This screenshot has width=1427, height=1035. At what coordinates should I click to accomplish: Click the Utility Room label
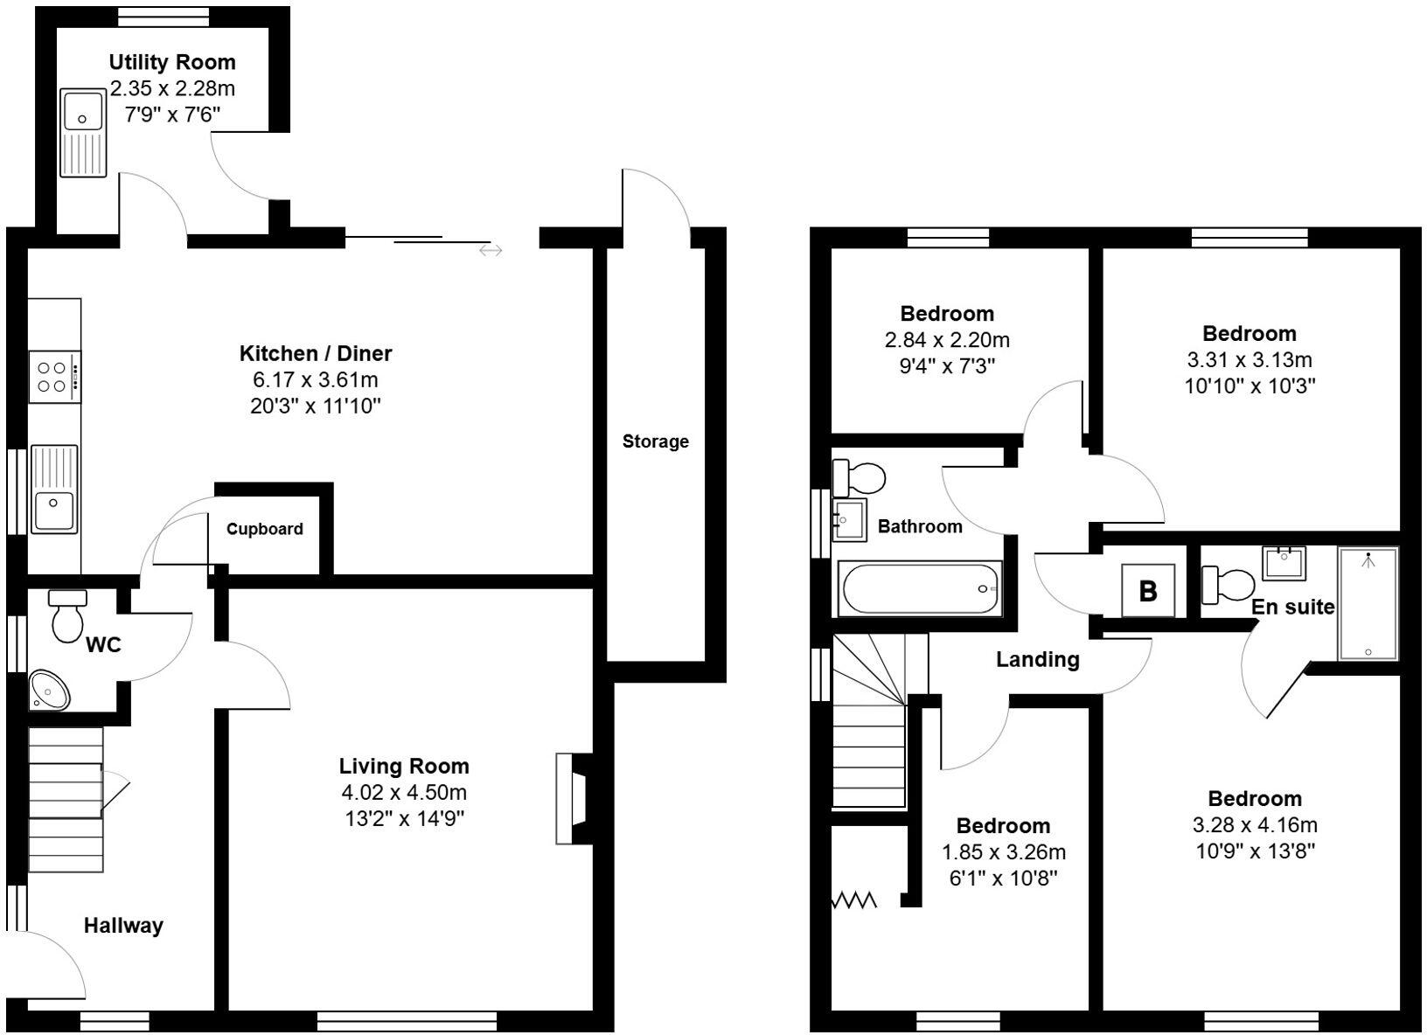172,62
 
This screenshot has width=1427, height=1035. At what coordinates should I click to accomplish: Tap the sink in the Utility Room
85,133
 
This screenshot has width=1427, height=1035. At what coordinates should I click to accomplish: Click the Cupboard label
265,529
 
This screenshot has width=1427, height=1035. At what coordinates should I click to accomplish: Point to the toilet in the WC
68,615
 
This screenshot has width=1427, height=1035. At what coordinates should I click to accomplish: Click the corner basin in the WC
49,691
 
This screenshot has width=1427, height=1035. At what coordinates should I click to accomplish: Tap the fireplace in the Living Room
573,798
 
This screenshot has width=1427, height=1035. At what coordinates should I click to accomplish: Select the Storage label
656,441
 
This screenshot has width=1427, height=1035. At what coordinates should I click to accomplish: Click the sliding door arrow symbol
491,251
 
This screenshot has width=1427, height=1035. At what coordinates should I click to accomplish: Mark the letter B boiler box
1148,591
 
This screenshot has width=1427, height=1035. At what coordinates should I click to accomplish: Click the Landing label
1038,659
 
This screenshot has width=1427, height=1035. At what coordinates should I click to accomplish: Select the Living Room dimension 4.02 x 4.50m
404,792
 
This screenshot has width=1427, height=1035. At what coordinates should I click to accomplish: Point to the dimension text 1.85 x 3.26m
1003,851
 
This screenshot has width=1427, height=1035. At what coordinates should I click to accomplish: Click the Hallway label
123,926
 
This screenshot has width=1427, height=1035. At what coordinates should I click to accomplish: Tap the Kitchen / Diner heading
316,353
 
